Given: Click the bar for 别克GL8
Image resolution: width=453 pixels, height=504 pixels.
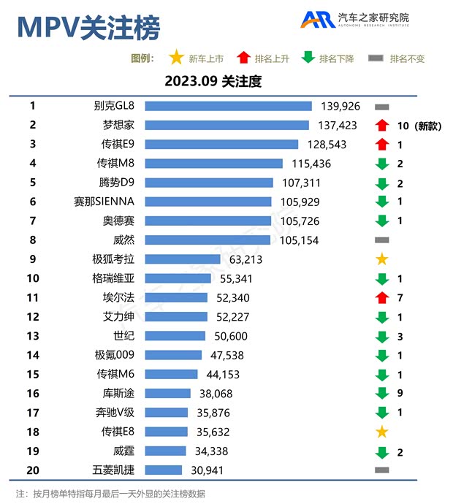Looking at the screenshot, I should point(228,107).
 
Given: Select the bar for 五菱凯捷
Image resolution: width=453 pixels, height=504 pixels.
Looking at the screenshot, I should point(163,470).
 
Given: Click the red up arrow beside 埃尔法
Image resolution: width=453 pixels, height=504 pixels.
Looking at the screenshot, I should point(381,297).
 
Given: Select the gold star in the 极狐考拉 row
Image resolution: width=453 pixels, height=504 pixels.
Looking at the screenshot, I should point(381,259).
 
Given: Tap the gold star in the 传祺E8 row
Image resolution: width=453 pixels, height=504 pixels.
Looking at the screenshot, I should point(381,432).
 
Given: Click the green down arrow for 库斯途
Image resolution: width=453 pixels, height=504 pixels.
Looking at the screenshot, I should point(381,393).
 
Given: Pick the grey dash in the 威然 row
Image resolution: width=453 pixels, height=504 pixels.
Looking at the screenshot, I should point(381,240).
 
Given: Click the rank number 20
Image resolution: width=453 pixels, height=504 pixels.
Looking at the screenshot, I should point(33,470).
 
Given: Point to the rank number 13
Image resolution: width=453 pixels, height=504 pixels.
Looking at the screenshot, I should point(33,335).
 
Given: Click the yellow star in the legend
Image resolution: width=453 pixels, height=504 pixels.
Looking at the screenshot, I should point(176,58).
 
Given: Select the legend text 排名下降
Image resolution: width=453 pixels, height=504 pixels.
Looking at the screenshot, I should point(336,58).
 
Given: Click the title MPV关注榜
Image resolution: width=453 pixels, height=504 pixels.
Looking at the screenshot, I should point(88,28).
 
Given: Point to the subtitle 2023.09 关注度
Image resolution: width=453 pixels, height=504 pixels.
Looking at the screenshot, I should point(213,82).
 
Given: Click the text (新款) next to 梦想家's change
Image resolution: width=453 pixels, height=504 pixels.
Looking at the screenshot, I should point(428,126).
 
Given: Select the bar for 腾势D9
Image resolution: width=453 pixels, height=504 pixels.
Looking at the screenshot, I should point(209,183).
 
